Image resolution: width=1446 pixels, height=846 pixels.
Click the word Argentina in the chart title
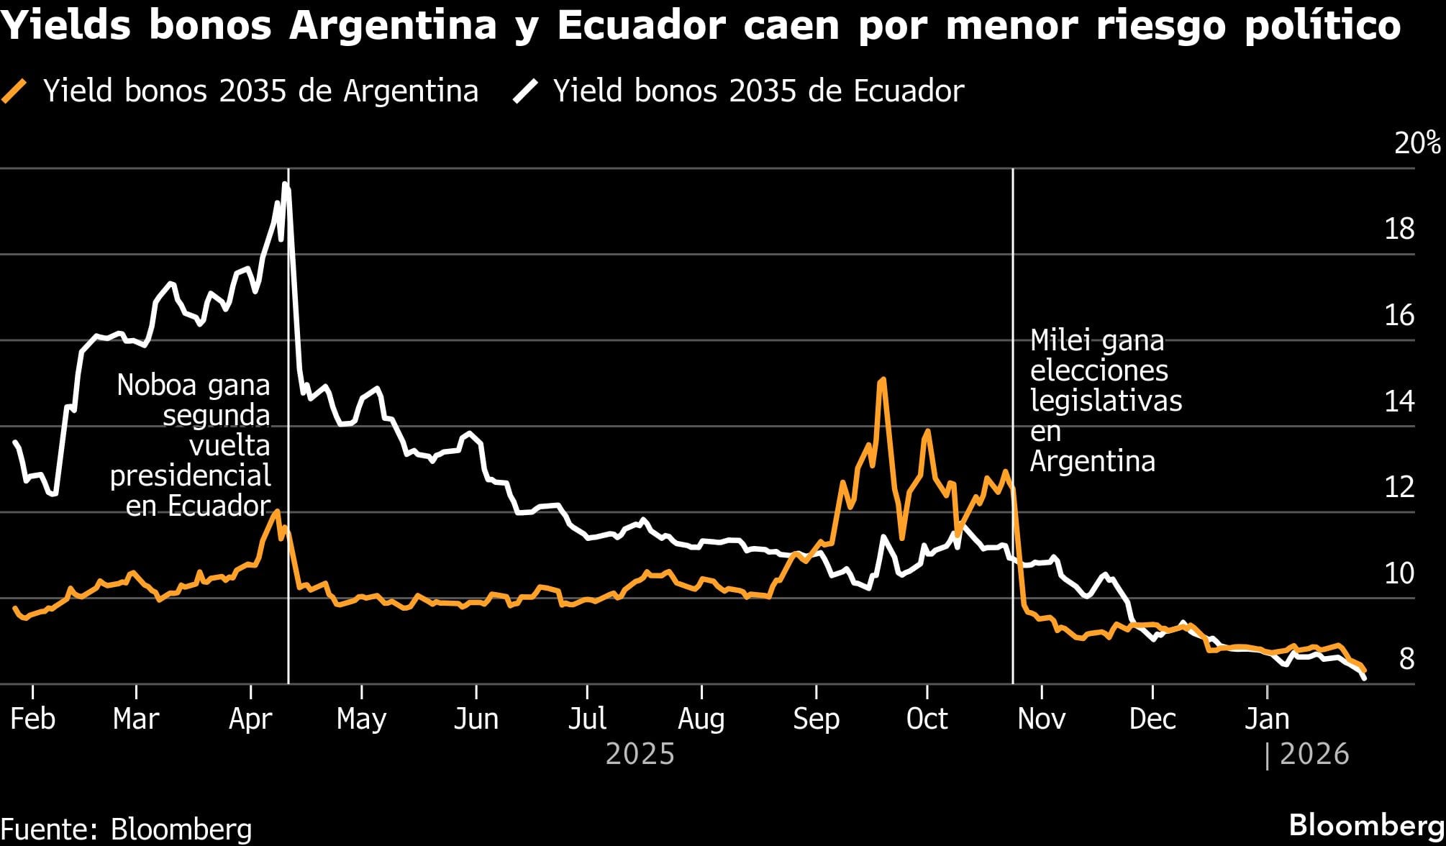click(x=393, y=26)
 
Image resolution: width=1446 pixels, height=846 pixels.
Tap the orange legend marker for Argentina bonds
click(x=14, y=91)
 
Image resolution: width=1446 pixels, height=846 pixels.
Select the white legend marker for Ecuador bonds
click(x=524, y=91)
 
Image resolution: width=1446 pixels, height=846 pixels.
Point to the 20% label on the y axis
click(x=1417, y=143)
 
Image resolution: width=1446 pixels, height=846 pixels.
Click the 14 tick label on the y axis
click(x=1399, y=401)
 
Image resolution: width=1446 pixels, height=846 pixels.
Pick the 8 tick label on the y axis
click(x=1406, y=658)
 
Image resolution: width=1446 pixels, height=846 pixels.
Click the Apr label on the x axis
click(x=250, y=719)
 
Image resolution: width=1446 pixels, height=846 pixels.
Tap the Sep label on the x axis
click(x=816, y=719)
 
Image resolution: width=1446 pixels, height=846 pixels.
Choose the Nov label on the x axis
click(x=1041, y=719)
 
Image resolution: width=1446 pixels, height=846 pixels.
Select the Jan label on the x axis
click(x=1267, y=719)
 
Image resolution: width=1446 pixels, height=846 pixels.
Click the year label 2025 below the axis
click(x=640, y=754)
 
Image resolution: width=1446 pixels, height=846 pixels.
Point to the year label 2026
click(x=1314, y=754)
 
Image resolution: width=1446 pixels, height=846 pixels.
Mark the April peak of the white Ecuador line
click(x=286, y=184)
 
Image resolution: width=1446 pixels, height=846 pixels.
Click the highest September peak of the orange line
click(x=882, y=379)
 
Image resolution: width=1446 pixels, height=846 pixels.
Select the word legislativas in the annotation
click(x=1106, y=401)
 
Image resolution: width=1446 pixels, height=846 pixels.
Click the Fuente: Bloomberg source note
click(x=127, y=829)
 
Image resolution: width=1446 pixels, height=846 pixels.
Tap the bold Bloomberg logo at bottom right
click(x=1366, y=825)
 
